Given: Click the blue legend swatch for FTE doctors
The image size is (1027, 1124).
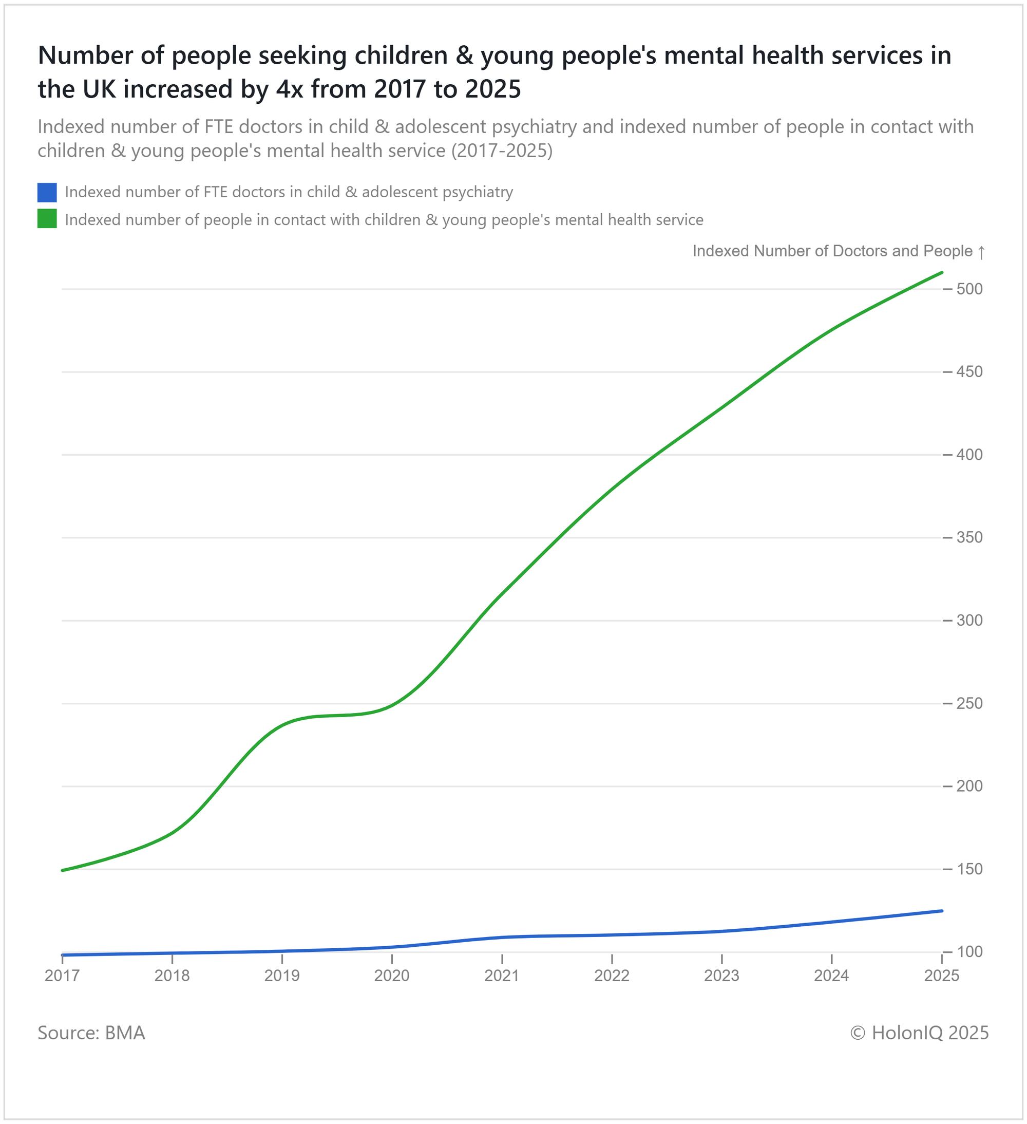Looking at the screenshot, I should [47, 192].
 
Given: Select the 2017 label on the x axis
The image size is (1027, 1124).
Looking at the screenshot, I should [62, 976].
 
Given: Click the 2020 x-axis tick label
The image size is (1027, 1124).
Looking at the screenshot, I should [392, 976].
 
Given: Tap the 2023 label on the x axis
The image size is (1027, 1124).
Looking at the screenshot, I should [721, 976].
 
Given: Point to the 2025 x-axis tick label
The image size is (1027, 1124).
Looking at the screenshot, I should [942, 976].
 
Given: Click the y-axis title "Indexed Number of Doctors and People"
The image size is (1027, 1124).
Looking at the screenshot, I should [832, 251].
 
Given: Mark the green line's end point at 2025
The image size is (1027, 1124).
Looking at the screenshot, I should [942, 273].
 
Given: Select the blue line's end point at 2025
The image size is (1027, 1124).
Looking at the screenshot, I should [942, 911].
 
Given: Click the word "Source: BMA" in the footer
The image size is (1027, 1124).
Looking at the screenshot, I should [91, 1033].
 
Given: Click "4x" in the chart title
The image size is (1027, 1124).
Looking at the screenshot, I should [289, 89].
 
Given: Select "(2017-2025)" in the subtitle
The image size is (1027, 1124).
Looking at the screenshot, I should [502, 151].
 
